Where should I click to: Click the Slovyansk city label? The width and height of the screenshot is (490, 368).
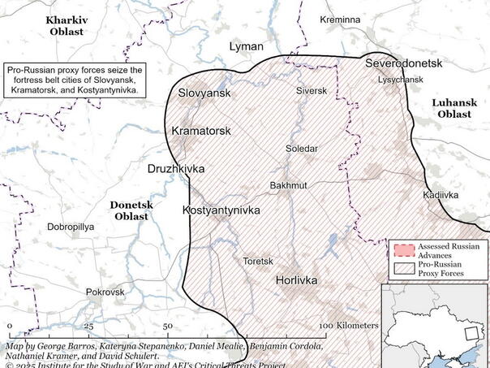[204, 93]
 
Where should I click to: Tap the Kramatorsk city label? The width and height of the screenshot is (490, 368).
[201, 131]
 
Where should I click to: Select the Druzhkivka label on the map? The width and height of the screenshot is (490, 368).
[176, 169]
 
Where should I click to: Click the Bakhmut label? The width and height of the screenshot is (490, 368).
[288, 186]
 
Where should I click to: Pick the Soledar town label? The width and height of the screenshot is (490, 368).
[302, 149]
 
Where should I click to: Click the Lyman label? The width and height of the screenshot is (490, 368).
[247, 47]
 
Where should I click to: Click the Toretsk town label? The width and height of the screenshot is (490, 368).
[258, 262]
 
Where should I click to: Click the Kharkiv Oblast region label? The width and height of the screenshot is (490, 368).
[71, 25]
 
